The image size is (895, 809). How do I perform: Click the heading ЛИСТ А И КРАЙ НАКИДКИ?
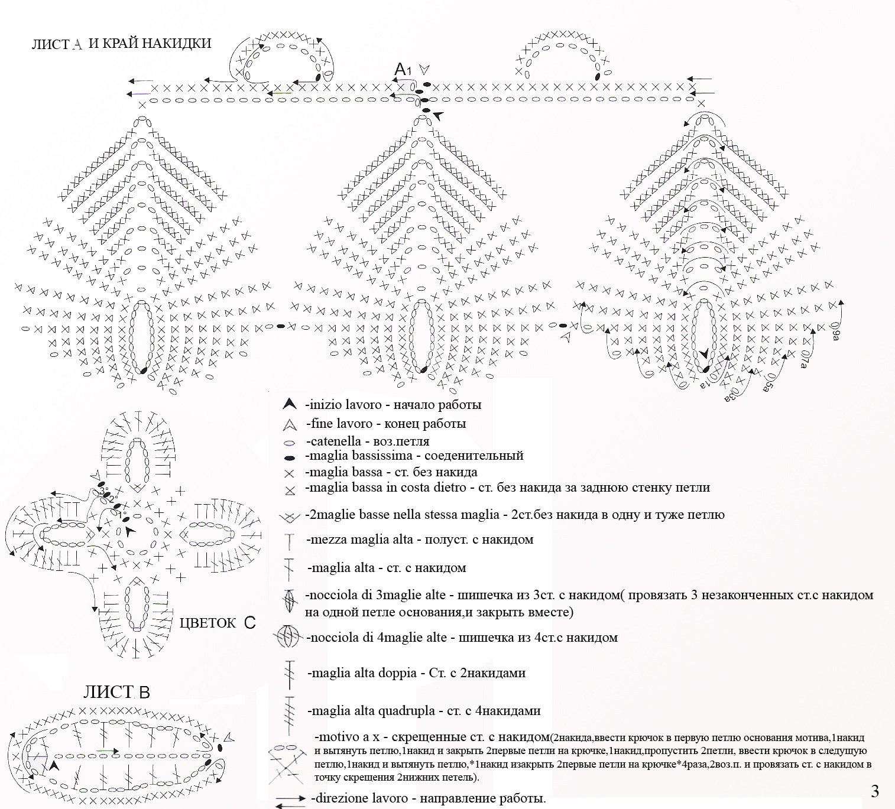click(121, 44)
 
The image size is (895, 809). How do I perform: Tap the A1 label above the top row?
click(403, 70)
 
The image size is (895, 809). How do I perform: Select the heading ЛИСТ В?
click(116, 692)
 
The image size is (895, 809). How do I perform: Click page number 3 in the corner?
click(875, 791)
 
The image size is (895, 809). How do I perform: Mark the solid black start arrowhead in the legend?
click(289, 405)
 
